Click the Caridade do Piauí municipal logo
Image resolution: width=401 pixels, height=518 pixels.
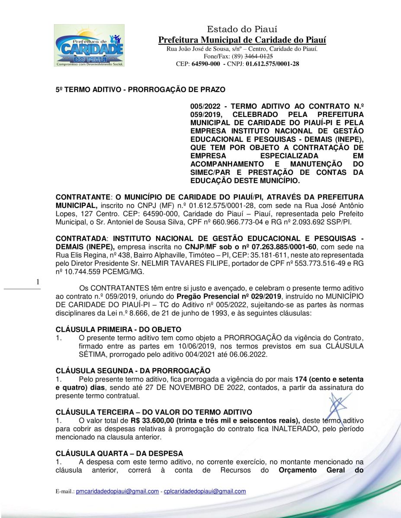coord(89,45)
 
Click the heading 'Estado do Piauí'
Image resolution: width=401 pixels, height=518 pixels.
coord(242,29)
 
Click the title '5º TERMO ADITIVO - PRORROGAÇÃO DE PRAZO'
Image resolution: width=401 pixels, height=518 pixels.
coord(140,90)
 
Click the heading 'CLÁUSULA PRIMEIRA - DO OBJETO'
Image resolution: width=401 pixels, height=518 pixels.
coord(119,329)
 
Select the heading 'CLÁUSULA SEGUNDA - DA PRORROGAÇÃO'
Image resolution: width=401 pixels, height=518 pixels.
coord(133,371)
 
